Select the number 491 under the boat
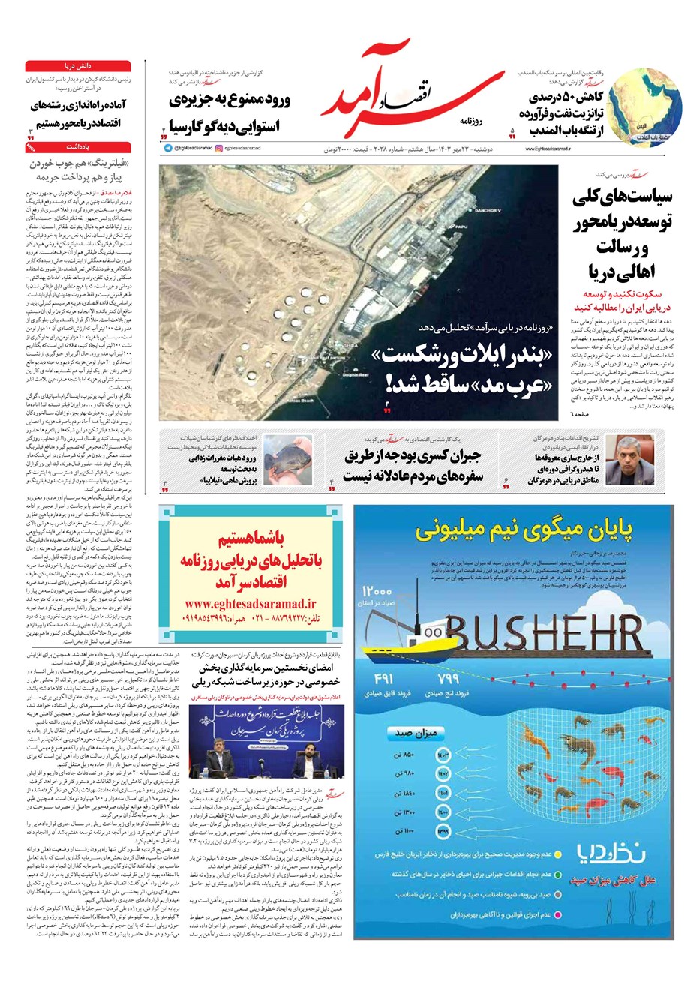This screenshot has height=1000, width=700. point(383,679)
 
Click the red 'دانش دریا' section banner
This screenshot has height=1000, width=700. point(78,66)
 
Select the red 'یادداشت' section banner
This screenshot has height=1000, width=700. point(78,148)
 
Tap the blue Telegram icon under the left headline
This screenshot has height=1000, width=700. point(168,148)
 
